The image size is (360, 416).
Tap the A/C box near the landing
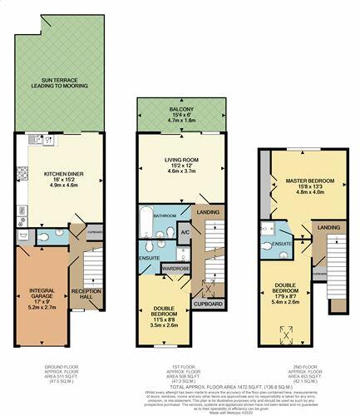click(x=184, y=233)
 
